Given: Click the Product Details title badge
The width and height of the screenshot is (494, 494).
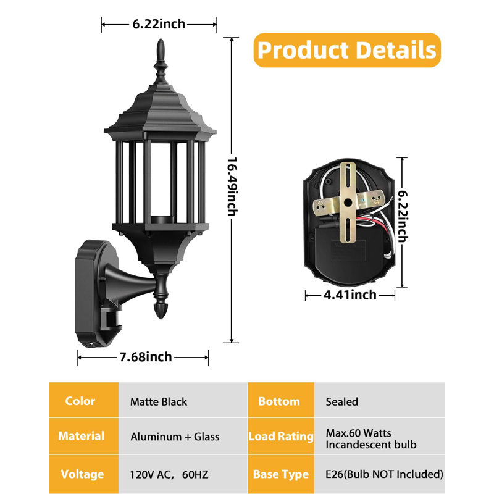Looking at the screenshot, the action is (347, 50).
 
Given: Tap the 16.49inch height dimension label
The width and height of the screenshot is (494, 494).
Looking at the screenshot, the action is (232, 186).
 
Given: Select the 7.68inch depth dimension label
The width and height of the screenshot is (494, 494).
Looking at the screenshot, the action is (146, 357).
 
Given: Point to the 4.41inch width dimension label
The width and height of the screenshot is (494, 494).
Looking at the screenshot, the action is (350, 295).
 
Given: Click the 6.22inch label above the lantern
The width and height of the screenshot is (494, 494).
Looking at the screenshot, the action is (159, 24).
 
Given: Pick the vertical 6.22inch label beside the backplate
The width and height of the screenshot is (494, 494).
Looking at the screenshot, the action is (403, 216).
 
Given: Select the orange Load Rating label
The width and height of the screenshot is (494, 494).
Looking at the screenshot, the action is (281, 437).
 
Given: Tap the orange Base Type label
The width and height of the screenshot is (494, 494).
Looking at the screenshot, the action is (281, 474).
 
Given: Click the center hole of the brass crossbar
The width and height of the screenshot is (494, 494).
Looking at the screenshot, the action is (348, 203).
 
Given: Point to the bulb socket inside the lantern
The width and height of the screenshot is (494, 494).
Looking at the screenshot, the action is (162, 220).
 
